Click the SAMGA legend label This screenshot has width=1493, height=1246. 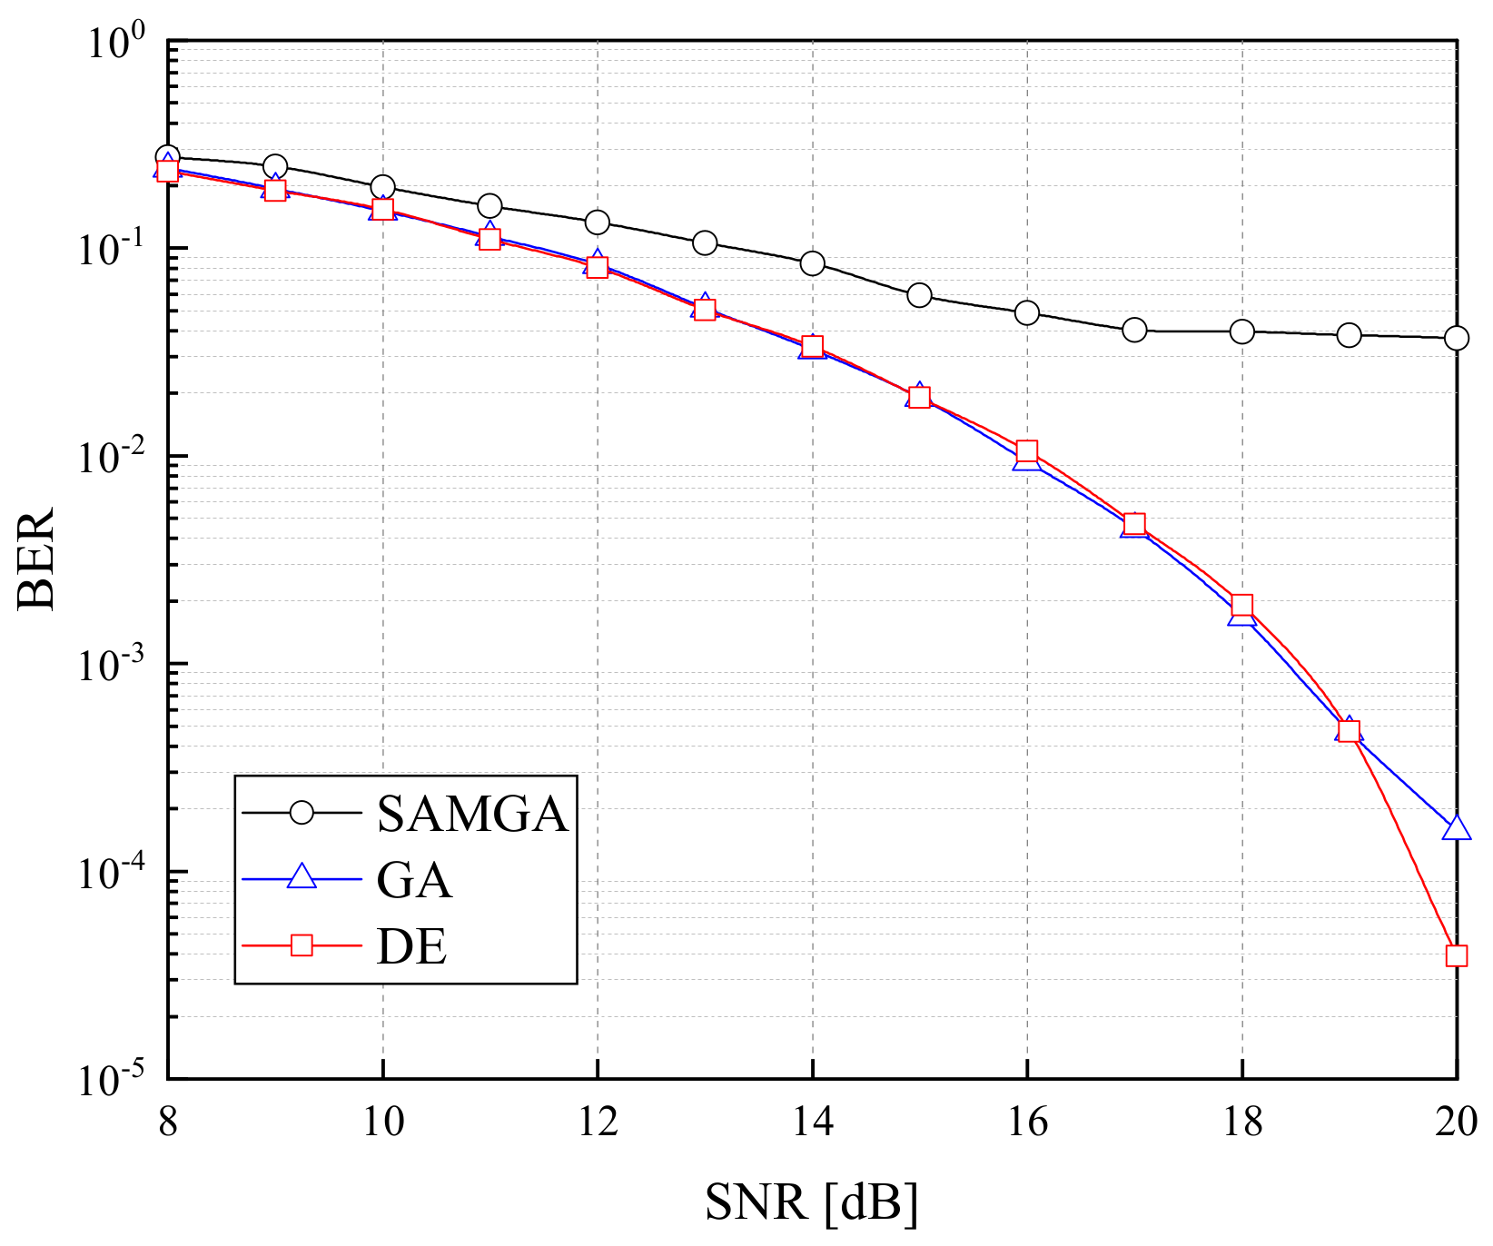pyautogui.click(x=472, y=814)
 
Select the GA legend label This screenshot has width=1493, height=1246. pyautogui.click(x=414, y=880)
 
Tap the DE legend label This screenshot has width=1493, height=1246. pyautogui.click(x=411, y=947)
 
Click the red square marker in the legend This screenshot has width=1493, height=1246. pyautogui.click(x=302, y=946)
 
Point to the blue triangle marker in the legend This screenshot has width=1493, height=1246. pyautogui.click(x=302, y=878)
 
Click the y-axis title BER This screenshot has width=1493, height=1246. pyautogui.click(x=36, y=559)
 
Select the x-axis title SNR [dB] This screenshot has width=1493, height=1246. pyautogui.click(x=811, y=1203)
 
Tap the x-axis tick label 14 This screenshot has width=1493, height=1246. pyautogui.click(x=812, y=1122)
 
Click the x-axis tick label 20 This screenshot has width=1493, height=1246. pyautogui.click(x=1456, y=1122)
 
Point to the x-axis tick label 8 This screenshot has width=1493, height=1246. pyautogui.click(x=168, y=1122)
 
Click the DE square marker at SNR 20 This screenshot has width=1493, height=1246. pyautogui.click(x=1456, y=955)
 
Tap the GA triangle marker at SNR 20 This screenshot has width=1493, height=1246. pyautogui.click(x=1456, y=828)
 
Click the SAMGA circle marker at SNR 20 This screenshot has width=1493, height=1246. pyautogui.click(x=1456, y=338)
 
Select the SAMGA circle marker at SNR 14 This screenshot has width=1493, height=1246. pyautogui.click(x=812, y=263)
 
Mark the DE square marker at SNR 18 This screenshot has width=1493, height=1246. pyautogui.click(x=1241, y=606)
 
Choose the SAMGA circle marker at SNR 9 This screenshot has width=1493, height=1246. pyautogui.click(x=275, y=167)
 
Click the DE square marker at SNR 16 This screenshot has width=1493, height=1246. pyautogui.click(x=1026, y=451)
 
